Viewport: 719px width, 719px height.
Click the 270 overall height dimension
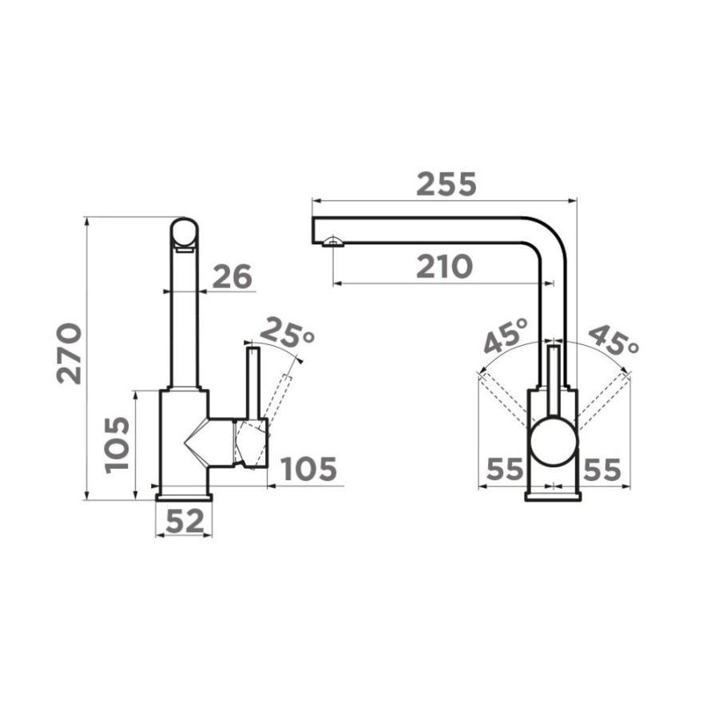coord(70,353)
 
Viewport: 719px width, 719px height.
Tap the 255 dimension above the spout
coord(446,184)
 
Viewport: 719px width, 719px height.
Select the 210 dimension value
coord(444,267)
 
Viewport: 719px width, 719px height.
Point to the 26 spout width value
coord(232,276)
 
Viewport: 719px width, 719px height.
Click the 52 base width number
coord(185,522)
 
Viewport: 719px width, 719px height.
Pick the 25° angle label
coord(290,332)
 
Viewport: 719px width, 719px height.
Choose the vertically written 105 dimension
coord(117,445)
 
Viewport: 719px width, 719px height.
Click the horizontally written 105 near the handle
coord(308,469)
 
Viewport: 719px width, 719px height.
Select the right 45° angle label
coord(613,340)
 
